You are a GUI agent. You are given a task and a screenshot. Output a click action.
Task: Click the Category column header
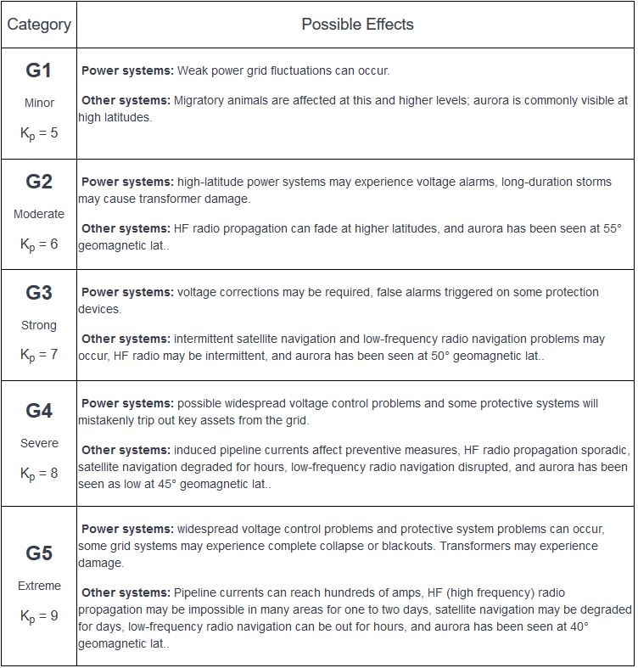[39, 25]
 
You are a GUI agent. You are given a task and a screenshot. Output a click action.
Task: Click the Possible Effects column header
[357, 25]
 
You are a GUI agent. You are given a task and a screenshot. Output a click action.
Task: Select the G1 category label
[39, 70]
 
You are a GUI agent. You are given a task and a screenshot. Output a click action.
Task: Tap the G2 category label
[39, 182]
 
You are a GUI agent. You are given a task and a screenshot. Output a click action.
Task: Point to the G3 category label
[39, 293]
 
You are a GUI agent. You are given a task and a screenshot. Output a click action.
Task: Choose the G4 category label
[39, 411]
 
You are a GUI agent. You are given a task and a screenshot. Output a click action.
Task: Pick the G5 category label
[39, 553]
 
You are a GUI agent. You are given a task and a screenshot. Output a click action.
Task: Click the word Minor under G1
[39, 103]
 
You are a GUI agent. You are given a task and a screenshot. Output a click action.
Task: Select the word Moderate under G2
[39, 214]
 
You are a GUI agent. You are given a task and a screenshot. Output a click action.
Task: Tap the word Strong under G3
[39, 325]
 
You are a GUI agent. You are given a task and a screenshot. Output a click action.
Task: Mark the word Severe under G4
[39, 443]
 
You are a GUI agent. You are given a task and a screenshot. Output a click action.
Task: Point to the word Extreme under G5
[39, 586]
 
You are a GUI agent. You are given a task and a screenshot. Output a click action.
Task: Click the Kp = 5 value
[39, 133]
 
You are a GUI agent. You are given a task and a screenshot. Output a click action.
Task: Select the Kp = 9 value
[39, 616]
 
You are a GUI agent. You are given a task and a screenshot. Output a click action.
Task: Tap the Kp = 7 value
[39, 355]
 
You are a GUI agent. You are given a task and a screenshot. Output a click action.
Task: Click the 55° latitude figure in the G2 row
[612, 228]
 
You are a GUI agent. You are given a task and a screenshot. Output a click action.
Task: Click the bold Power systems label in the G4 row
[127, 403]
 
